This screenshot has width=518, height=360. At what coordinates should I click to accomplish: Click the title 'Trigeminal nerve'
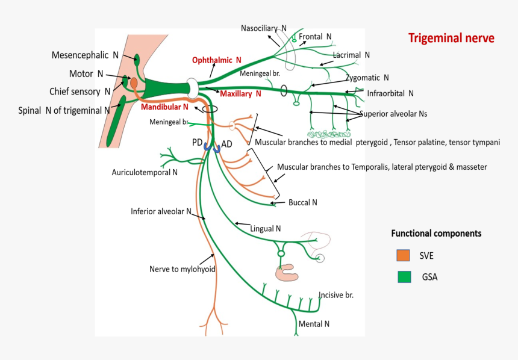451,39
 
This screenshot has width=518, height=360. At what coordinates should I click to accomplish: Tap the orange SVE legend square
404,255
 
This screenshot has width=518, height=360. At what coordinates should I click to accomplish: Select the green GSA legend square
404,277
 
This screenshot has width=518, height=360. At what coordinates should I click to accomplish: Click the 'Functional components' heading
436,234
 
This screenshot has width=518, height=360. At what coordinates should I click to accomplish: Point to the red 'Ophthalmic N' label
216,60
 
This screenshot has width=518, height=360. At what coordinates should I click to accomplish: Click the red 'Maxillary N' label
240,94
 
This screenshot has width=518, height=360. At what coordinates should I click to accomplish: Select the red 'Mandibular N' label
164,107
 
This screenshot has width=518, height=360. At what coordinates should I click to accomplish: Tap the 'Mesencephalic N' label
85,55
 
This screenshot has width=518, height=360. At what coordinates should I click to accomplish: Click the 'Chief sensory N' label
80,92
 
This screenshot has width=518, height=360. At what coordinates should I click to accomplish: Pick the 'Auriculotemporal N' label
145,172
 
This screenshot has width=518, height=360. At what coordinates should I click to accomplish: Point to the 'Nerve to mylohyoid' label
182,269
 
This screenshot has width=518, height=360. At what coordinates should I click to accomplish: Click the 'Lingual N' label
266,229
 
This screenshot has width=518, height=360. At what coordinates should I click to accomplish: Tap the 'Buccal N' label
302,203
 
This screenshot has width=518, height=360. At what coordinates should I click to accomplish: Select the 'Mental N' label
314,324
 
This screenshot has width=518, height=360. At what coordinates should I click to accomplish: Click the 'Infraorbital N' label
390,93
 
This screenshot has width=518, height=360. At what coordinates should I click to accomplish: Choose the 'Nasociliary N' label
264,28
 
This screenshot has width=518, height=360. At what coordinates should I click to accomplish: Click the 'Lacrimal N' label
351,55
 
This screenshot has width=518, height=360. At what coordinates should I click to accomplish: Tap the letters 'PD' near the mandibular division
197,143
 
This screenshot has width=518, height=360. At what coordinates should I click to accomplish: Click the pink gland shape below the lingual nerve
286,273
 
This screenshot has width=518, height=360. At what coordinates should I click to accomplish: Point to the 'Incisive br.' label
335,295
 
